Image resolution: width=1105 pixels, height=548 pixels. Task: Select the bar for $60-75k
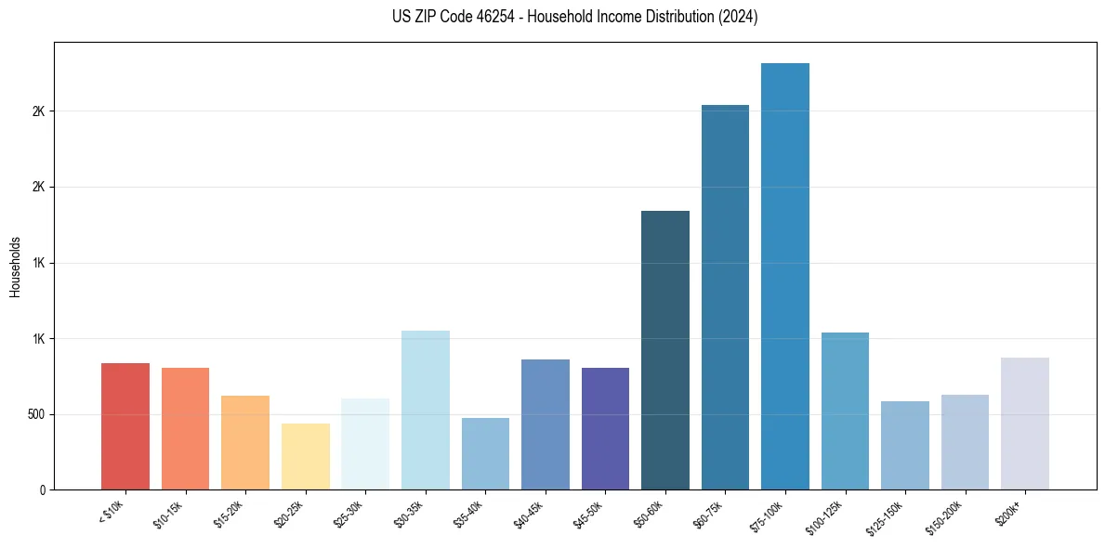pyautogui.click(x=725, y=297)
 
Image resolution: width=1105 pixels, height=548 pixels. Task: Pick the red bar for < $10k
pyautogui.click(x=125, y=426)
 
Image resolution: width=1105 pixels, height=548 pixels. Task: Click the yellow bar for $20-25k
pyautogui.click(x=306, y=456)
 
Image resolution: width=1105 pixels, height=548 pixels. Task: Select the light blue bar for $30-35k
pyautogui.click(x=426, y=410)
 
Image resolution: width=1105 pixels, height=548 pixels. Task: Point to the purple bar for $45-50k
pyautogui.click(x=605, y=428)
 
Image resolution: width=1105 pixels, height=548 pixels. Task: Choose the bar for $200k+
pyautogui.click(x=1025, y=424)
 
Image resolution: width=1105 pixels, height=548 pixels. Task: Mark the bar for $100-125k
pyautogui.click(x=845, y=411)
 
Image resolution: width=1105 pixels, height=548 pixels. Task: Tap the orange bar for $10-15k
pyautogui.click(x=185, y=428)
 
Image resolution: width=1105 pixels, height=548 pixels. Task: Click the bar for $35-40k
pyautogui.click(x=485, y=453)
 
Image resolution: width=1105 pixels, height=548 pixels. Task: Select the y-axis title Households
pyautogui.click(x=15, y=267)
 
